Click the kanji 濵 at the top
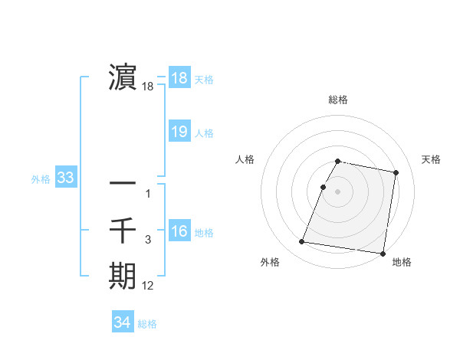tap(123, 77)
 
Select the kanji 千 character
tap(123, 229)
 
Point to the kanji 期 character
tap(123, 276)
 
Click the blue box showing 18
tap(179, 78)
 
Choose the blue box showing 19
tap(179, 132)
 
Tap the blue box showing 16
tap(179, 231)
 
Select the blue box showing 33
tap(65, 178)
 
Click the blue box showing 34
tap(122, 322)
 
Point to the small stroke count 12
tap(148, 286)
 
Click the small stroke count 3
tap(148, 240)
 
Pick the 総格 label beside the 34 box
tap(147, 324)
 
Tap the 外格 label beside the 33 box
tap(41, 180)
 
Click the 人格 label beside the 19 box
tap(204, 133)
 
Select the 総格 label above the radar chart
tap(338, 100)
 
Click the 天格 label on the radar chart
tap(431, 159)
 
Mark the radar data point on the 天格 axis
tap(396, 173)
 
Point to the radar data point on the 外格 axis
tap(301, 242)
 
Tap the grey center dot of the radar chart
tap(338, 191)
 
